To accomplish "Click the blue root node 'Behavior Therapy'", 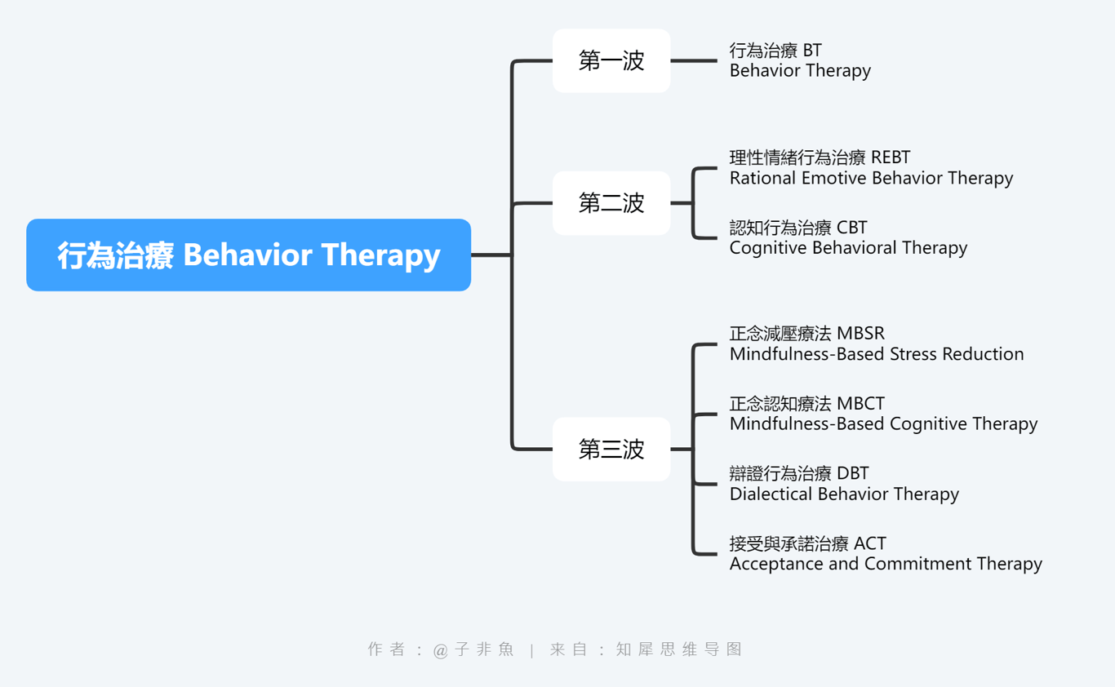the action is (248, 255).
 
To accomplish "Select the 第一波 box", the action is (611, 60).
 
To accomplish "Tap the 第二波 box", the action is (611, 203).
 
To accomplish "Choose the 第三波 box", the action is (611, 449).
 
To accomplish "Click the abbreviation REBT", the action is (891, 157).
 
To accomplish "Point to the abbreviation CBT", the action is (851, 228).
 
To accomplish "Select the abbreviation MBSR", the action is (860, 333).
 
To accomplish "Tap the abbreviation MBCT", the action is (860, 403).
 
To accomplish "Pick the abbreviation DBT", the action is (853, 473).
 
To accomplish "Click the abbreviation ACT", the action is (870, 543).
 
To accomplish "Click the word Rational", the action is (762, 178).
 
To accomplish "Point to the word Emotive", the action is (833, 178).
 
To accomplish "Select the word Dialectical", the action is (771, 494).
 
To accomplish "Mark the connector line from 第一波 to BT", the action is (694, 60).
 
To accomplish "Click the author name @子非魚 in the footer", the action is (473, 649).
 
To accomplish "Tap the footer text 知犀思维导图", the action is (679, 649).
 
